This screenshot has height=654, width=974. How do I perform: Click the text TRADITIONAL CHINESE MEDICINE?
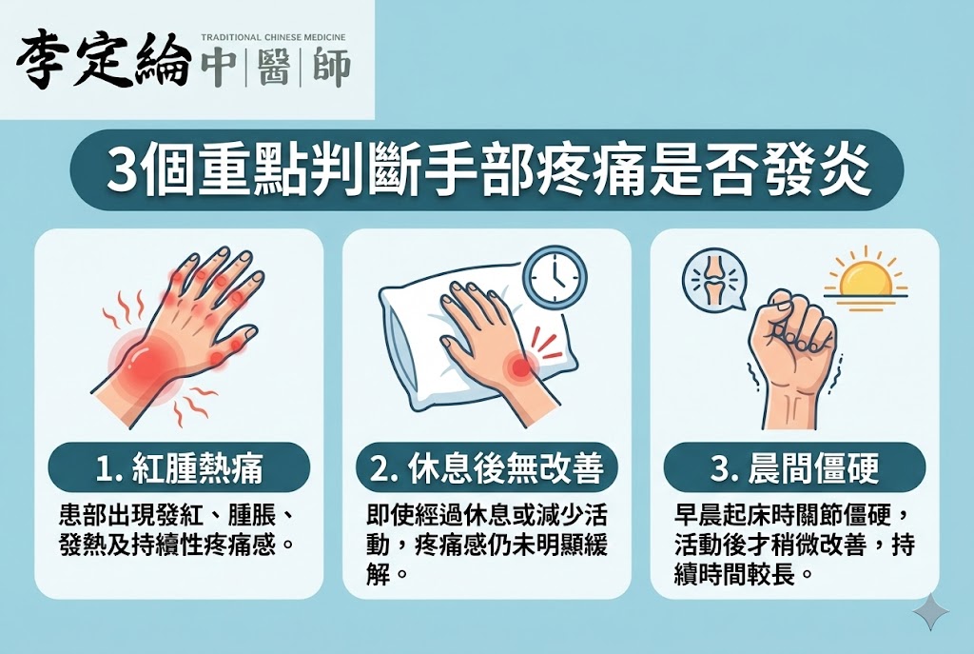(273, 38)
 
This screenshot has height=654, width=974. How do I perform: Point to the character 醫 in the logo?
(273, 67)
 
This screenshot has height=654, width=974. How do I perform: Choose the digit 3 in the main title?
(120, 169)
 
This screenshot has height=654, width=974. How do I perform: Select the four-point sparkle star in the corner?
(931, 612)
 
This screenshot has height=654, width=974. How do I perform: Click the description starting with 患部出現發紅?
(177, 531)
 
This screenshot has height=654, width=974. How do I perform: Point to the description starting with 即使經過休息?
(486, 546)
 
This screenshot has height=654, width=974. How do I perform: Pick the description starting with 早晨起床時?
(794, 546)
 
